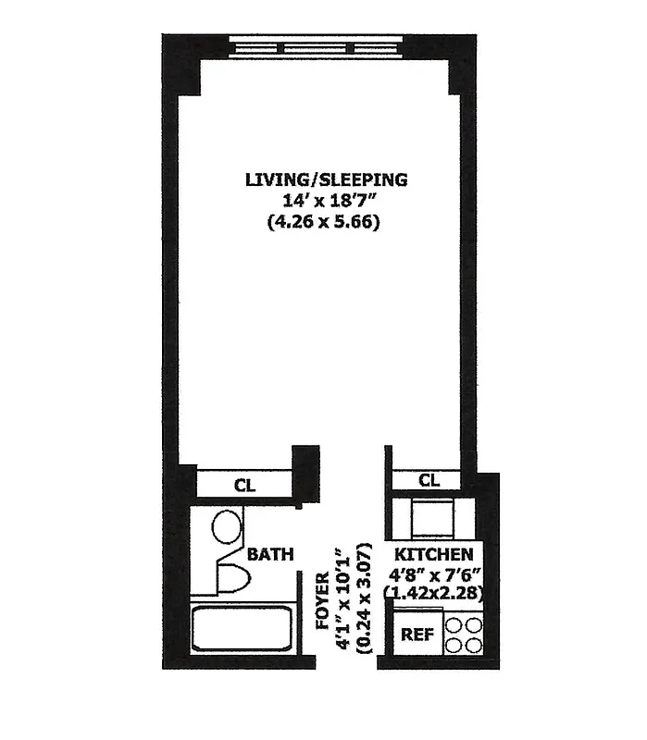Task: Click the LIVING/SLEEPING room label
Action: [x=325, y=179]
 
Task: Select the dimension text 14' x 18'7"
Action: [x=325, y=201]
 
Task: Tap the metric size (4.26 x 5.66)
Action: [x=325, y=222]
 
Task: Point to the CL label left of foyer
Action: [x=244, y=484]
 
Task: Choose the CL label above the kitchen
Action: [x=427, y=480]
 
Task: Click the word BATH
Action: [x=270, y=555]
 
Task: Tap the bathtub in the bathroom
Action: [x=244, y=628]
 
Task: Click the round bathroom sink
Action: [x=227, y=528]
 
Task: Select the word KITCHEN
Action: [x=435, y=555]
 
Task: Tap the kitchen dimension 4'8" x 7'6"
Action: [x=435, y=573]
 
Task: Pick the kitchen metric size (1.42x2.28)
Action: [x=436, y=593]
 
